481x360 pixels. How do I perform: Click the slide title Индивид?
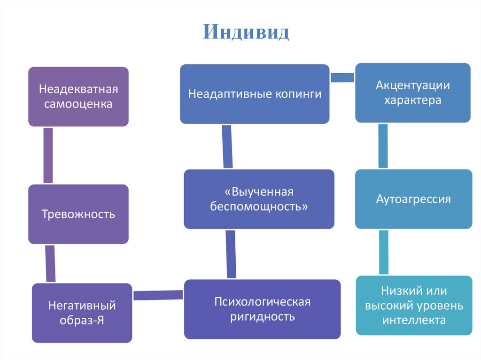coord(246,32)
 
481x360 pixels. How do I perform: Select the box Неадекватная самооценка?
coord(78,96)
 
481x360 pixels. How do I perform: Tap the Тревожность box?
coord(78,214)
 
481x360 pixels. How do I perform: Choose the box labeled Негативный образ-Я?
coord(82,313)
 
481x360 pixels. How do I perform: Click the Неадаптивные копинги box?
coord(255,94)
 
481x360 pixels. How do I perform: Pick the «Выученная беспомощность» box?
coord(259,199)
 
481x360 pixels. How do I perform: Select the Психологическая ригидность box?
coord(262,309)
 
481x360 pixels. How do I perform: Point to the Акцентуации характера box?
coord(412,92)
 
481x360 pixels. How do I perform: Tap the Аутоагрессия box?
coord(413,199)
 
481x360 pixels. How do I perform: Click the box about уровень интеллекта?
coord(413,306)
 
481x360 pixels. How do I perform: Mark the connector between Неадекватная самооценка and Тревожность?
coord(47,155)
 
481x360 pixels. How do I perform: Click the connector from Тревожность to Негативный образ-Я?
coord(50,263)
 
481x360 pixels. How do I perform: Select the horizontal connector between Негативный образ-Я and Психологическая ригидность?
coord(158,295)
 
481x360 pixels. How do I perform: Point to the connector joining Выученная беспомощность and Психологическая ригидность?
coord(231,254)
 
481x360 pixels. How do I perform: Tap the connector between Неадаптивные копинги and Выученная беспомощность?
coord(227,146)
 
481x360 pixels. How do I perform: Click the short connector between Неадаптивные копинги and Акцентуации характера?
coord(342,78)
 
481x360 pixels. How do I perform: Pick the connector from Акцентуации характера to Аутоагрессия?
coord(383,146)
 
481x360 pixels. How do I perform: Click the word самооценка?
coord(78,104)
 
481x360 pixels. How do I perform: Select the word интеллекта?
coord(413,321)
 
